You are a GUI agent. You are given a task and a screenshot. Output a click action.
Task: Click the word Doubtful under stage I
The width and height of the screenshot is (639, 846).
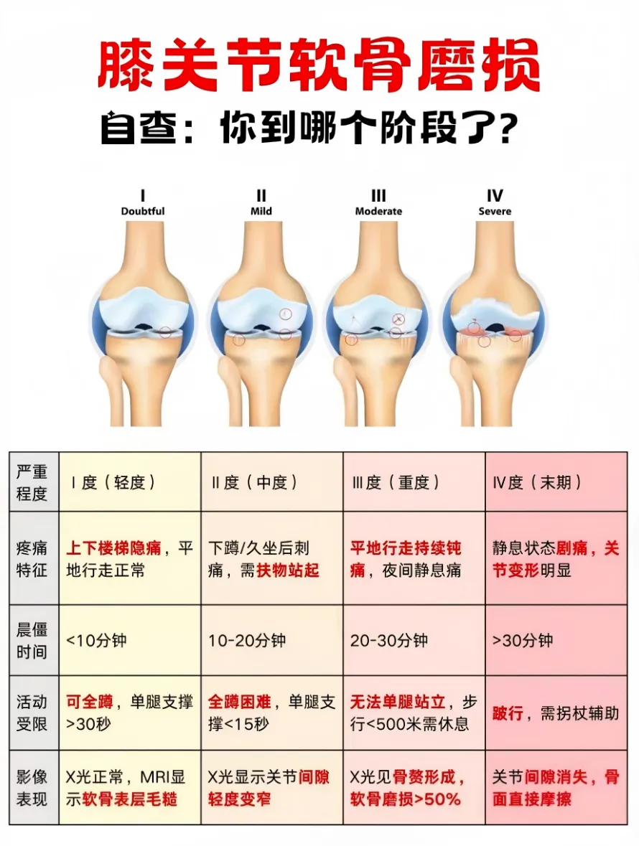pos(143,211)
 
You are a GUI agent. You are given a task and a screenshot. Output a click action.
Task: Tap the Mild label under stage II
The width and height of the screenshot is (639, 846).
pos(261,211)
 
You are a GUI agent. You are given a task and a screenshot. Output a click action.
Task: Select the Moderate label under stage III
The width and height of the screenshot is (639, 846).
pos(378,211)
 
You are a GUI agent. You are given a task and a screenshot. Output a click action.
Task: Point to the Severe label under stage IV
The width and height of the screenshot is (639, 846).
pos(495,211)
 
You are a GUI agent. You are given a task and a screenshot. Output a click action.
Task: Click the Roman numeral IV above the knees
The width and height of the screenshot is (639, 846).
pos(495,196)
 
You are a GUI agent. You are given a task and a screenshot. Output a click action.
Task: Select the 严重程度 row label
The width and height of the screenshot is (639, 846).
pos(32,482)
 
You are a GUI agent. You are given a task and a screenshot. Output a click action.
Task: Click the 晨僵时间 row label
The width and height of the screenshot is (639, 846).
pos(32,640)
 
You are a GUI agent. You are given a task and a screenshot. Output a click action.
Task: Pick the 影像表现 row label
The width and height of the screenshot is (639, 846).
pos(32,787)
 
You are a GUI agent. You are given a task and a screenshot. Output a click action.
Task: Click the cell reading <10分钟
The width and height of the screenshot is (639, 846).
pos(96,640)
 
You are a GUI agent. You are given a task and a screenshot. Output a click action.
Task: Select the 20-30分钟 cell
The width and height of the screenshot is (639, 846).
pos(389,640)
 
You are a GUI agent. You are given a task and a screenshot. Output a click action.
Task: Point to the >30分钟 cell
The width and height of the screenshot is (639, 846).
pos(523,640)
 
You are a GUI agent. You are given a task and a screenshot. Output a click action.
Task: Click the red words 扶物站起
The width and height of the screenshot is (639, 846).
pos(288,570)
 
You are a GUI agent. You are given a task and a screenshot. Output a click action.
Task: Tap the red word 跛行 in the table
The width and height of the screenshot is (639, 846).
pos(508,714)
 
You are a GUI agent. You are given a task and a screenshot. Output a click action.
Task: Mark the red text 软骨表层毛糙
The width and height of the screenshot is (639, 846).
pos(129,799)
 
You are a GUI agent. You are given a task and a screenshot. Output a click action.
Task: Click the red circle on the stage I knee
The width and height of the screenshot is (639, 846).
pos(166,332)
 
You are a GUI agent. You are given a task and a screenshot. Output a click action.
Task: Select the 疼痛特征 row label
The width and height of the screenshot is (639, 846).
pos(32,560)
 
